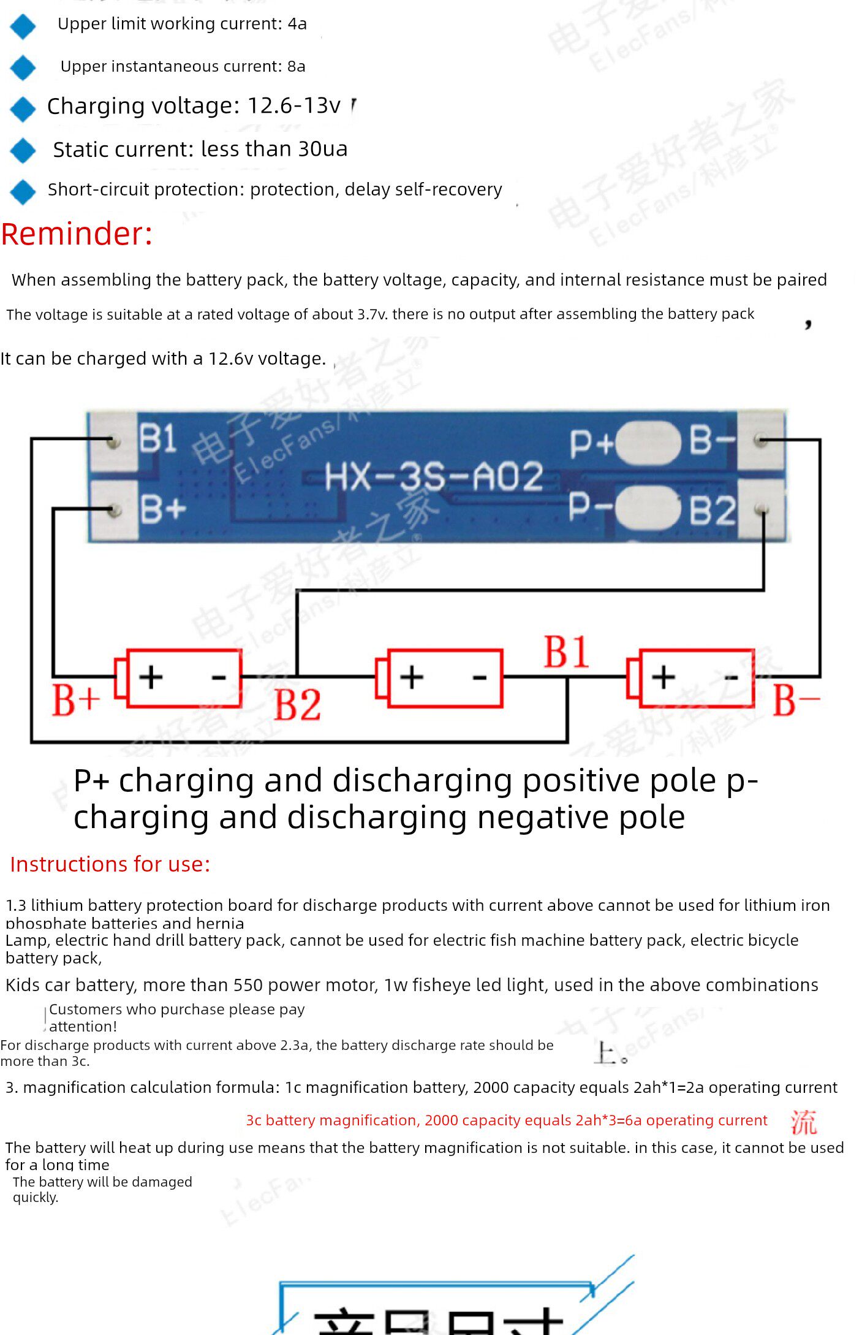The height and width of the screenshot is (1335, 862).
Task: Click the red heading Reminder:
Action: coord(77,234)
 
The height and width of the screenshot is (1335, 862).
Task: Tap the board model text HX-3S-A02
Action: coord(433,477)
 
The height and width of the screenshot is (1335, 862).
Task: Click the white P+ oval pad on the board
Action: coord(648,442)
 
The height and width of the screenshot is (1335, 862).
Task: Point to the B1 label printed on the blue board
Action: coord(157,439)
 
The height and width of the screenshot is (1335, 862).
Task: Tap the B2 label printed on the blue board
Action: coord(712,511)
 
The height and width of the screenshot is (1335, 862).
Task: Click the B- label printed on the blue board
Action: coord(712,440)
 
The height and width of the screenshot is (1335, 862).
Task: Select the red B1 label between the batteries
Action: coord(566,652)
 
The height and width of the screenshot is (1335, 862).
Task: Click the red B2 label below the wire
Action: coord(297,705)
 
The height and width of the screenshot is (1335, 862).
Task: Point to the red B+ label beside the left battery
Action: coord(75,700)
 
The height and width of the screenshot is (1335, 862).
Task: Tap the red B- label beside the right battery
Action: coord(795,700)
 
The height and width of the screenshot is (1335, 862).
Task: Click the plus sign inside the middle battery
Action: coord(412,677)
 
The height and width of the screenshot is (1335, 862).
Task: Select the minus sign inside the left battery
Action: coord(219,677)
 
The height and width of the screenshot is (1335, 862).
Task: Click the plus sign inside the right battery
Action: coord(663,677)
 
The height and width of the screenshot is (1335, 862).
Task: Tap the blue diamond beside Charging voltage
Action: coord(23,108)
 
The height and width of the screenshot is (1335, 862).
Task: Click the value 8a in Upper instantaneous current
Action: coord(296,66)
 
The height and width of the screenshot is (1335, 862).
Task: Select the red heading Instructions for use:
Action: coord(110,864)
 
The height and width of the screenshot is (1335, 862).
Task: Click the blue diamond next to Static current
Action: coord(23,150)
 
